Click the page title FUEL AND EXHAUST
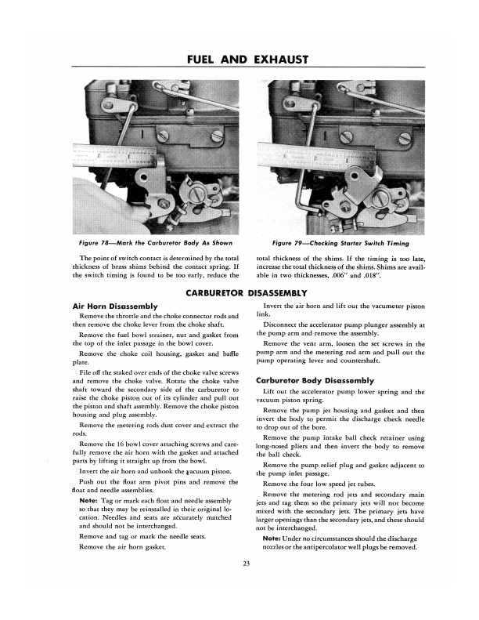click(239, 59)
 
